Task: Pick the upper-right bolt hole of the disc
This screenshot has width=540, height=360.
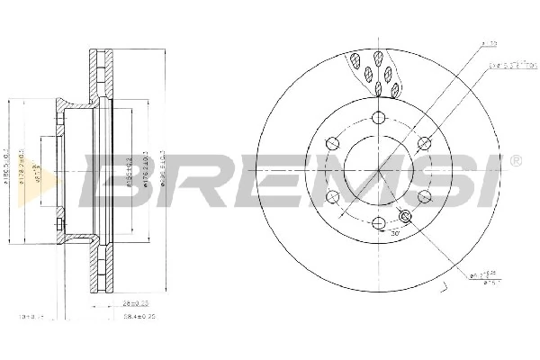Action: coord(424,143)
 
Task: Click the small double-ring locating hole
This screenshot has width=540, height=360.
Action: coord(404,215)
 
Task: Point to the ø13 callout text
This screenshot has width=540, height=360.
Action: coord(489,43)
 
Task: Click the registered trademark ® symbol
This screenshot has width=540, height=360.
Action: coord(515,161)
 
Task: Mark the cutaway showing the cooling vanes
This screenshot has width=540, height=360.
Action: coord(376,72)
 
